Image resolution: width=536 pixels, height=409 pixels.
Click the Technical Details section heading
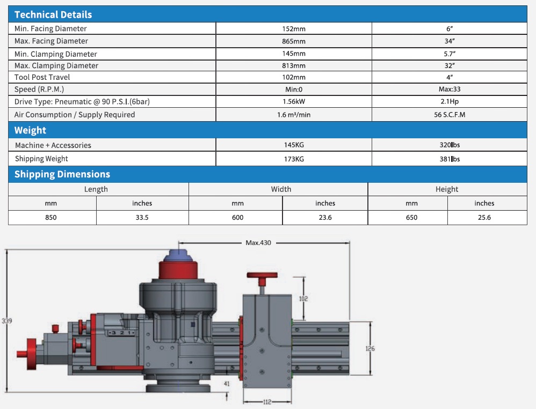(53, 14)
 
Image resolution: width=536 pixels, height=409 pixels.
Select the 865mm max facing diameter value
(293, 41)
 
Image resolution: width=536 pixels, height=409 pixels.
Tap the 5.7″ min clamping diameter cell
(450, 54)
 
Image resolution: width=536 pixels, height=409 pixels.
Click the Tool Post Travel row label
(42, 77)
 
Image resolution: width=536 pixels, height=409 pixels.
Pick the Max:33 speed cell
(450, 90)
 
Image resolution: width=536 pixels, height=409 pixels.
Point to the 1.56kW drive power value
(293, 101)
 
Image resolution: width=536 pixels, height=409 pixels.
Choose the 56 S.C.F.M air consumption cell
(450, 115)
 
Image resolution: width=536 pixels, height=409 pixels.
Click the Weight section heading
(30, 130)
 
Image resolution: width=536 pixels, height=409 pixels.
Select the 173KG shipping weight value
(293, 159)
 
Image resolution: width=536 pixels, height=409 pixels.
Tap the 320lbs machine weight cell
(450, 145)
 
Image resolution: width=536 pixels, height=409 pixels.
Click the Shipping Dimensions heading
(62, 174)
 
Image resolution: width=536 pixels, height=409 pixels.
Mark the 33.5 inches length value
(142, 218)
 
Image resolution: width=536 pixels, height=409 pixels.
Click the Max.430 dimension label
(258, 243)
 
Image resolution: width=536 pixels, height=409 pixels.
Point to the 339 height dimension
(7, 321)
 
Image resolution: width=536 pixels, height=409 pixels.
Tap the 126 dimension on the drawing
(370, 349)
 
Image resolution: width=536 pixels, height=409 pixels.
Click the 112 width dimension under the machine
(266, 401)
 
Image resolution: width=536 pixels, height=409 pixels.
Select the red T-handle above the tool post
(262, 279)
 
